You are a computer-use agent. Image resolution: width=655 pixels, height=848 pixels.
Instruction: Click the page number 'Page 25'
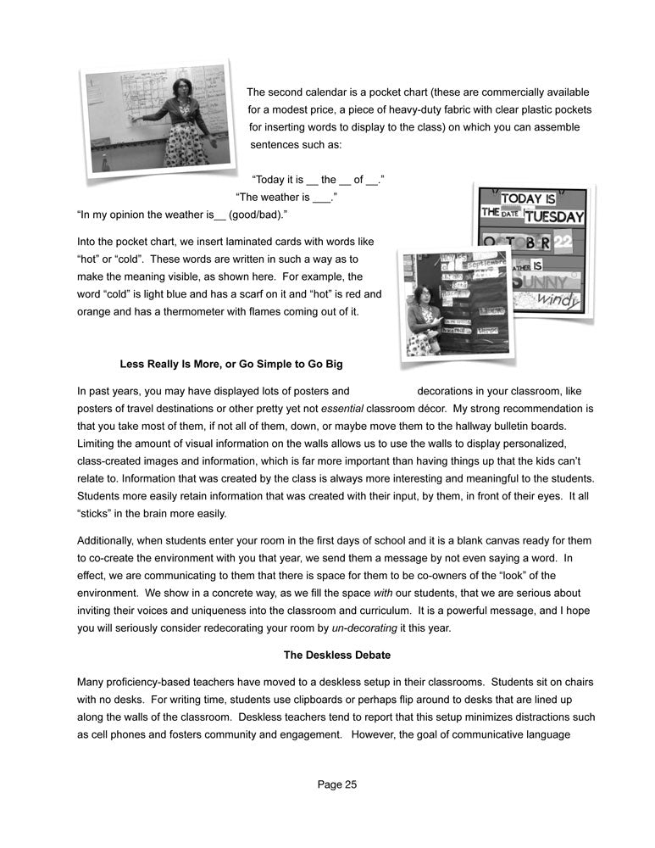[337, 784]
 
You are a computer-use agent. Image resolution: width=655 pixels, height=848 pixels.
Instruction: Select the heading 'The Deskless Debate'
[336, 655]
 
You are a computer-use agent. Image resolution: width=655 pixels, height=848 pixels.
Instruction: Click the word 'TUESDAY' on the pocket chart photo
[553, 216]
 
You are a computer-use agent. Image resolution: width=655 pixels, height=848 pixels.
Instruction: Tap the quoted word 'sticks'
[92, 513]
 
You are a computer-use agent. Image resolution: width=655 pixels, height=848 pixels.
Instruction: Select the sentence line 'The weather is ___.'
[285, 198]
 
